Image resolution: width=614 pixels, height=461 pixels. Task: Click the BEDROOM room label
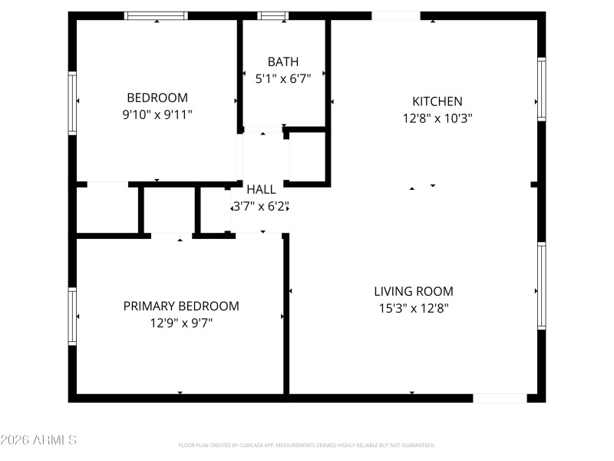click(x=157, y=98)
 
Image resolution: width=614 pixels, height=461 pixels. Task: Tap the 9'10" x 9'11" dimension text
click(x=157, y=114)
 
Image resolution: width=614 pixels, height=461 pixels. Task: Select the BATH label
click(x=283, y=61)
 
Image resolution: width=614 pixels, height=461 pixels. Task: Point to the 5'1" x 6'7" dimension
click(x=283, y=78)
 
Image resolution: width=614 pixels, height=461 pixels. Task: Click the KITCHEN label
click(x=437, y=101)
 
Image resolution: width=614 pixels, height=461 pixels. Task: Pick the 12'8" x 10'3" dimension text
click(x=437, y=118)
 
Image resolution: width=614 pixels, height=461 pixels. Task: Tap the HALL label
click(x=261, y=189)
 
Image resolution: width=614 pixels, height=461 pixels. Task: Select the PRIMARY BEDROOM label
click(x=181, y=306)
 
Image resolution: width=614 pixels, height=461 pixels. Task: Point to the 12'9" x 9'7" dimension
click(x=181, y=323)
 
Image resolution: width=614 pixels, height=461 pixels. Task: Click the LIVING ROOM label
click(x=414, y=291)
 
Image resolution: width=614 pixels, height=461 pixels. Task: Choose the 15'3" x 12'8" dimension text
click(x=414, y=308)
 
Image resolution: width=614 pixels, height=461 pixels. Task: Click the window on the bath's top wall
click(x=272, y=15)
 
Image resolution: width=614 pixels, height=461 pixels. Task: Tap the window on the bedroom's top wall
click(x=157, y=15)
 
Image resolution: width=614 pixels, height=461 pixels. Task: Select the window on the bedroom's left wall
click(x=73, y=102)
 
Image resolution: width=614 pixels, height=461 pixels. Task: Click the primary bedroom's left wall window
click(x=73, y=315)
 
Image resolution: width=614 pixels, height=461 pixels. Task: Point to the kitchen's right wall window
click(x=542, y=89)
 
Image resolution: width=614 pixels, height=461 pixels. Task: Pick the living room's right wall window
click(x=542, y=285)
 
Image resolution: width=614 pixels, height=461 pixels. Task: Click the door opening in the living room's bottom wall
click(x=500, y=398)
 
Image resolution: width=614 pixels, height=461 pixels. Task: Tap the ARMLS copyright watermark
click(x=38, y=440)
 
